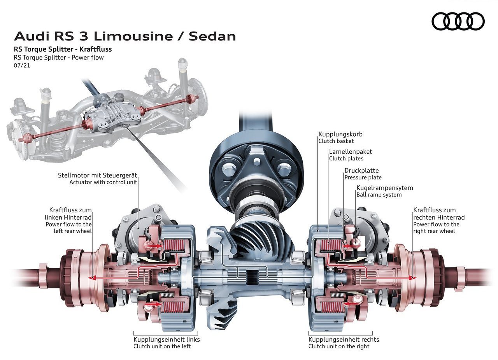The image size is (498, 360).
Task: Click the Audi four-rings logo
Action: pos(458,21)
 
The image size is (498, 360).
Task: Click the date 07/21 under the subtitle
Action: pos(22,66)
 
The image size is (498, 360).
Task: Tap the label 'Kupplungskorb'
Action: pos(340,134)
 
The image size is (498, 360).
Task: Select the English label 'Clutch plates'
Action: pos(346,158)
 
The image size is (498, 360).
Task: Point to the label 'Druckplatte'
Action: pos(361,170)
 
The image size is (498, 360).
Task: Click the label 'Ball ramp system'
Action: pos(379,195)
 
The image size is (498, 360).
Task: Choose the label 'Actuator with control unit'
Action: pos(103,182)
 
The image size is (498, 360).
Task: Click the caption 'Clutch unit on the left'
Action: pos(162,346)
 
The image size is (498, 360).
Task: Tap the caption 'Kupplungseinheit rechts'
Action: pos(344,339)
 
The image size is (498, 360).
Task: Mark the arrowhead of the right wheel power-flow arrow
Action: pos(412,277)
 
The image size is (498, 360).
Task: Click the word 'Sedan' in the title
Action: pos(212,37)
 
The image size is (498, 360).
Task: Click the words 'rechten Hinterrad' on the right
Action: pos(439,217)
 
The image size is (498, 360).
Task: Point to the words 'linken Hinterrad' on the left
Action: pos(68,217)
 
